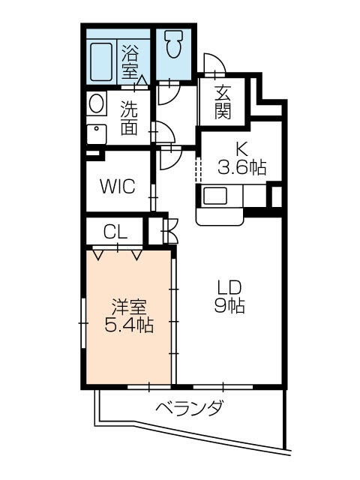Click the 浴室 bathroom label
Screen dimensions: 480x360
point(130,62)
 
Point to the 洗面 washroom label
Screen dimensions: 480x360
point(129,118)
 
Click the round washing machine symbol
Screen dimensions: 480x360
point(97,103)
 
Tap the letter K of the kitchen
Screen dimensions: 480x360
point(242,148)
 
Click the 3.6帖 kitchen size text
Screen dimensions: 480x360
point(242,166)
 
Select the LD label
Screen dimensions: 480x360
point(229,288)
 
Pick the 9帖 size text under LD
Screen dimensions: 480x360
point(229,306)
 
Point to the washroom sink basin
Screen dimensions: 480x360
point(95,133)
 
